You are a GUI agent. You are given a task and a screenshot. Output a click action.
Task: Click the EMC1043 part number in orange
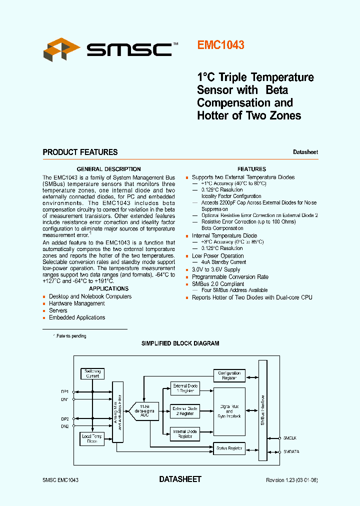point(220,45)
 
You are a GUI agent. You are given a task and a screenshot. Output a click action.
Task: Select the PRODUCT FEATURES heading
point(80,152)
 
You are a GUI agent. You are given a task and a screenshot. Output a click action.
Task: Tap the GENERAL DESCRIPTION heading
point(108,169)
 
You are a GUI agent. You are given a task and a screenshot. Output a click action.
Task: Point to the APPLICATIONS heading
point(108,288)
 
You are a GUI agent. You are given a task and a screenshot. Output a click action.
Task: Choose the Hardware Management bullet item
point(76,303)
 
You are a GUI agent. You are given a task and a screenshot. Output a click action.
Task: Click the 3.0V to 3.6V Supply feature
point(216,270)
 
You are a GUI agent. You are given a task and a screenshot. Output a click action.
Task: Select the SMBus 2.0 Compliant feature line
point(218,284)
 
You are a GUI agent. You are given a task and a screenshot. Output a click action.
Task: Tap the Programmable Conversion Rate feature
point(230,277)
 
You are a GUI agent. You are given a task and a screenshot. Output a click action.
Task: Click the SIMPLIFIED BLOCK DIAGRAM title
point(180,343)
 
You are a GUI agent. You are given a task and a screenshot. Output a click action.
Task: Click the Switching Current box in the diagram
point(92,373)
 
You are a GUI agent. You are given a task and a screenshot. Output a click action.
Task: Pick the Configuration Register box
point(229,375)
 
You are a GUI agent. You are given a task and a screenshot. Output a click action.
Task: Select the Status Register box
point(229,448)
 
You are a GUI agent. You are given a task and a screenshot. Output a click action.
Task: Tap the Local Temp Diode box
point(92,438)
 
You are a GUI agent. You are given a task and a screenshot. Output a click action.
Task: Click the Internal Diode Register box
point(185,433)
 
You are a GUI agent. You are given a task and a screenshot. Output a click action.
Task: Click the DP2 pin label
point(65,418)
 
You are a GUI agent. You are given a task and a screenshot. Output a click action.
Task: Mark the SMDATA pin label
point(291,452)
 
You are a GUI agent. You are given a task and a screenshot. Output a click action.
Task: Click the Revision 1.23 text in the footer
point(291,480)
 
